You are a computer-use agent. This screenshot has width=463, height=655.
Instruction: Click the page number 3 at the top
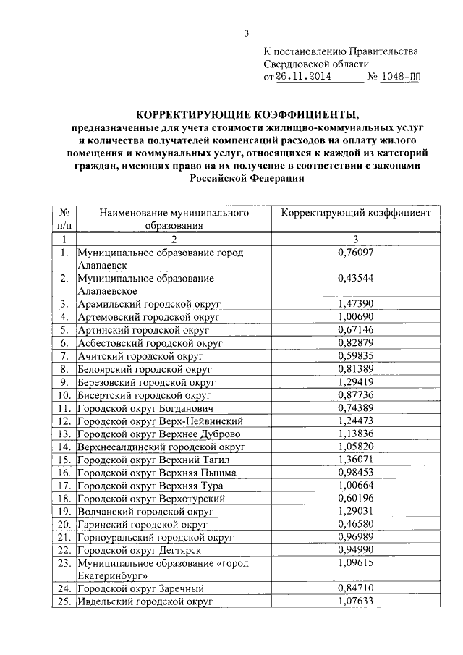(x=247, y=33)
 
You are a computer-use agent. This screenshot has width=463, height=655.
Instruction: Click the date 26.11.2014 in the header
(x=301, y=75)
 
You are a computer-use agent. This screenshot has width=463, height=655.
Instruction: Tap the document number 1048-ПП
(x=404, y=75)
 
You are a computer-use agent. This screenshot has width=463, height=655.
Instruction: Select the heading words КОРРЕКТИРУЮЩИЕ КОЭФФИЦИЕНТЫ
(x=248, y=114)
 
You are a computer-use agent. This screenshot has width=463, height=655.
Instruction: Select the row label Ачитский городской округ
(x=140, y=356)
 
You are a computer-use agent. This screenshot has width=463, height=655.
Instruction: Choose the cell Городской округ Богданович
(x=143, y=409)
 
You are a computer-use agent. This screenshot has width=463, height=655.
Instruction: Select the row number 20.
(x=65, y=525)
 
